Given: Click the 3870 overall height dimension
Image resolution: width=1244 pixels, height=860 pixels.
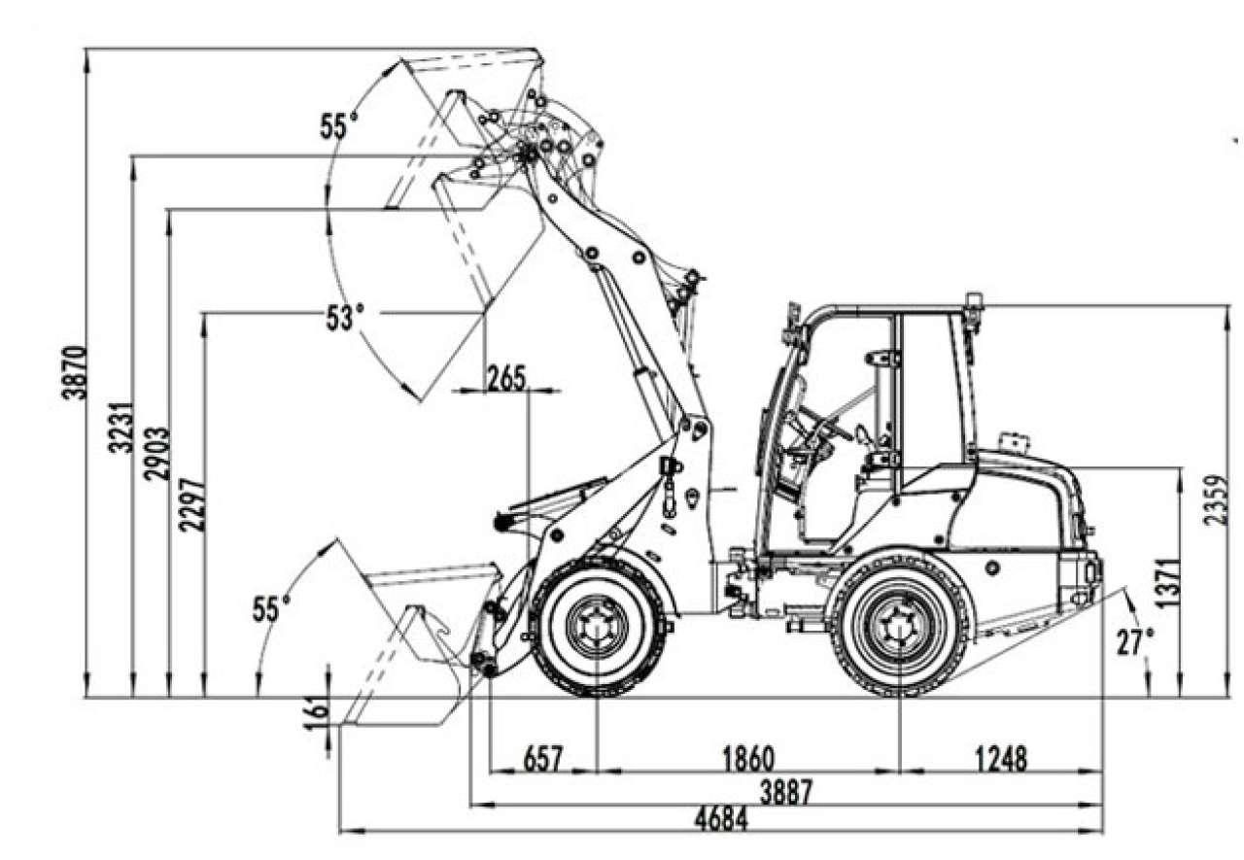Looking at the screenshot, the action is click(75, 372).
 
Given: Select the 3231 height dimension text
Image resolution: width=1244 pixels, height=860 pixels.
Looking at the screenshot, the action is click(121, 428).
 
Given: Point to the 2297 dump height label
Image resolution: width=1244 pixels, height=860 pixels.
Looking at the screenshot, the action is click(192, 504).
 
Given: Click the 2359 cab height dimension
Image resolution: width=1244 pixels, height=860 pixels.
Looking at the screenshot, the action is click(1215, 499).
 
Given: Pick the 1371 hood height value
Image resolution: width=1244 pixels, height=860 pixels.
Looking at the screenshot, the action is click(1170, 583).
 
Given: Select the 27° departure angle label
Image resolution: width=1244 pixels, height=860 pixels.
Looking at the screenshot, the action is click(1135, 642).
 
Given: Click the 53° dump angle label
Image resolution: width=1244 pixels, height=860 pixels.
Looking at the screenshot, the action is click(345, 317).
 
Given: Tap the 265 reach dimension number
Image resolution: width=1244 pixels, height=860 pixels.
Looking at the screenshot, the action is click(506, 379).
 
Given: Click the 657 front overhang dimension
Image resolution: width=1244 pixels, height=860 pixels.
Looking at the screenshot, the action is click(543, 758).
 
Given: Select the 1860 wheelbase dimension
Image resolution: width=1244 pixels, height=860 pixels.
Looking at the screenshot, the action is click(748, 758).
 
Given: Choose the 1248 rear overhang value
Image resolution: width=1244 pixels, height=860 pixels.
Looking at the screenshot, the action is click(1001, 758).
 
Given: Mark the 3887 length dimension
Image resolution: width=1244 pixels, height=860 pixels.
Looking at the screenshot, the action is click(786, 792).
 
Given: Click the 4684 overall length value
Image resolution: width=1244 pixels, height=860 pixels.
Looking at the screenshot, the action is click(721, 819).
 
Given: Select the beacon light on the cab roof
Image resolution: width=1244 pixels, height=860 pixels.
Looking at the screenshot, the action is click(974, 301).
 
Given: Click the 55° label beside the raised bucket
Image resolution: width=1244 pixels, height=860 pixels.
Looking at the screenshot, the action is click(339, 126).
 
